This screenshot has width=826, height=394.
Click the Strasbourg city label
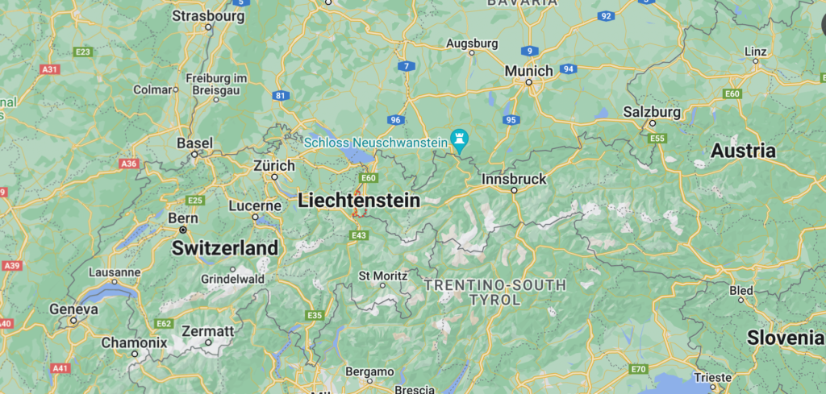coord(208,15)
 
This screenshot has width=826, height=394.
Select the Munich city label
coord(528,71)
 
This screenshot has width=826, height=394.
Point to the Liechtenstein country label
coord(359,201)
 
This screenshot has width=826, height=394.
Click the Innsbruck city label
coord(513,178)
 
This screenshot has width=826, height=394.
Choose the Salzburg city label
coord(652,111)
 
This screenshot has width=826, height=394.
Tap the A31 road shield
coord(50,69)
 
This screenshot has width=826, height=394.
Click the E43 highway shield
coord(359,234)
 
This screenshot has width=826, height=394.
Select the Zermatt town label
coord(207,331)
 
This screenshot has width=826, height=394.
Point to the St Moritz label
coord(382,276)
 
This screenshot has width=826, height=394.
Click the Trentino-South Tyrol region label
coord(494,292)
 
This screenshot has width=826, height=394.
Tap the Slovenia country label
coord(785,338)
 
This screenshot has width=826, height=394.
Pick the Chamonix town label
coord(134,342)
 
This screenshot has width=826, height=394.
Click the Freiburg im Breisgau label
coord(215,85)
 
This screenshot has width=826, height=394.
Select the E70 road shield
coord(639,369)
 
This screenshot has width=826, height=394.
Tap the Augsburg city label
coord(472,43)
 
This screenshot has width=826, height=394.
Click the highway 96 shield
coord(395,120)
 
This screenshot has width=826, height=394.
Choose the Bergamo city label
coord(369,371)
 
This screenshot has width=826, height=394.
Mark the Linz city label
coord(755,52)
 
